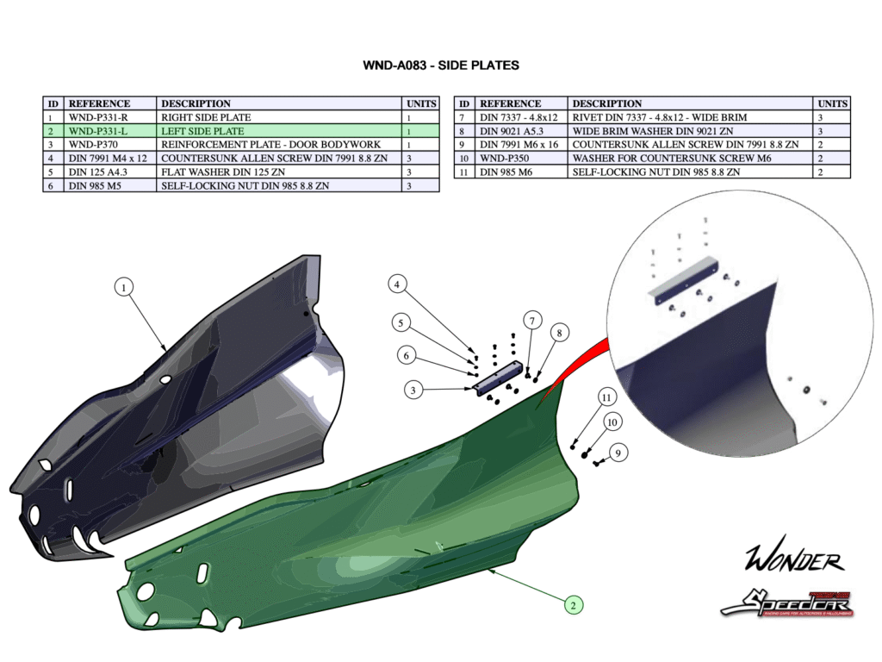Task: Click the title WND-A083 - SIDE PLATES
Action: [x=441, y=66]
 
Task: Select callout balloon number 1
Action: [x=125, y=288]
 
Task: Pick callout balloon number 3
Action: [x=414, y=390]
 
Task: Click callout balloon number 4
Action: [x=397, y=284]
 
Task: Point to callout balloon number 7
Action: [x=532, y=322]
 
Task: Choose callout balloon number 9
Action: [x=618, y=452]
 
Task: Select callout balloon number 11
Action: [x=607, y=397]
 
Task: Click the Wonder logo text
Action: [x=794, y=561]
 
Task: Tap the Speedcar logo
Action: [x=786, y=603]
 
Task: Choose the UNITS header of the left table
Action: [x=421, y=103]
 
